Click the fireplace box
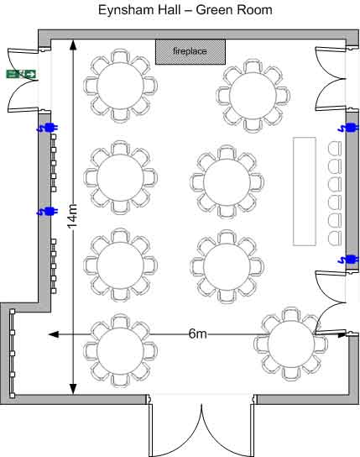190,52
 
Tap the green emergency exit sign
21,74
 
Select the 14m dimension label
73,216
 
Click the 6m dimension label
197,334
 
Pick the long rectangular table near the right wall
305,192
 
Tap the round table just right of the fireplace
253,95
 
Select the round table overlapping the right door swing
290,344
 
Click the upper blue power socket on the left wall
48,128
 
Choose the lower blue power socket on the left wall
48,211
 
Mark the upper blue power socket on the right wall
348,128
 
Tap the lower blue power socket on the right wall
348,259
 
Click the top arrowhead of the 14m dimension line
73,45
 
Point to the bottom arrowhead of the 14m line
73,389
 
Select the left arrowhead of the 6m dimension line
53,334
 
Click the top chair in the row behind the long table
334,148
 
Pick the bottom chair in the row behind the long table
334,238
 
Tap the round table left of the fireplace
120,86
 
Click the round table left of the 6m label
120,350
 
